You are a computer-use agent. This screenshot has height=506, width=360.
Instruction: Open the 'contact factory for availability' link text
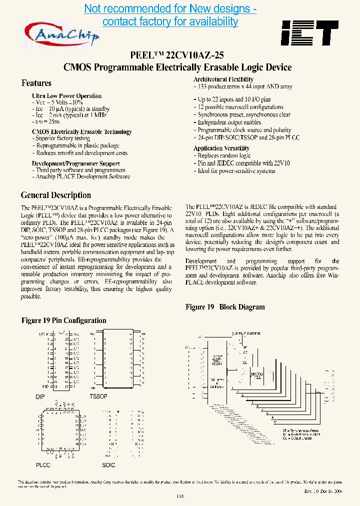(x=170, y=21)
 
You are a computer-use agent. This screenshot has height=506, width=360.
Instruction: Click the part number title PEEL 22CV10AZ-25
(x=177, y=56)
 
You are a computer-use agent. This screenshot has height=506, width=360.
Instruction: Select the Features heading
(x=36, y=83)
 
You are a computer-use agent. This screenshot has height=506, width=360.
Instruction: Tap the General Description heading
(x=55, y=195)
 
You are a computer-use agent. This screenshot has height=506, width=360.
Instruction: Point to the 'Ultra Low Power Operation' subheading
(x=66, y=95)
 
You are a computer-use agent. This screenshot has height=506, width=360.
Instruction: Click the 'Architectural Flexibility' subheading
(x=223, y=79)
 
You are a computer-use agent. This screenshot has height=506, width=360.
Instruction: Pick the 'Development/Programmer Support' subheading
(x=75, y=163)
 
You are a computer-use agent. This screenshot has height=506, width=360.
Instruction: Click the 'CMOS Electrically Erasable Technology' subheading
(x=81, y=131)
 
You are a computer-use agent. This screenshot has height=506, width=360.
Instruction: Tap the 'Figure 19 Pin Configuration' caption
(x=64, y=320)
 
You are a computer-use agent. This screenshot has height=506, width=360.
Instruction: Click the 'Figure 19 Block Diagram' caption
(x=225, y=307)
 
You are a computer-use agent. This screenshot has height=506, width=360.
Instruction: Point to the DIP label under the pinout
(x=40, y=396)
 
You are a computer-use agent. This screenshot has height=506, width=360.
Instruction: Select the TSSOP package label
(x=98, y=396)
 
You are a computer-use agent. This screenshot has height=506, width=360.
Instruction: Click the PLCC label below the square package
(x=43, y=465)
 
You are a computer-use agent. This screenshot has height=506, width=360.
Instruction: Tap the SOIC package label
(x=108, y=465)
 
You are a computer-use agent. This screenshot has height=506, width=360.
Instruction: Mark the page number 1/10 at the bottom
(x=180, y=496)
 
